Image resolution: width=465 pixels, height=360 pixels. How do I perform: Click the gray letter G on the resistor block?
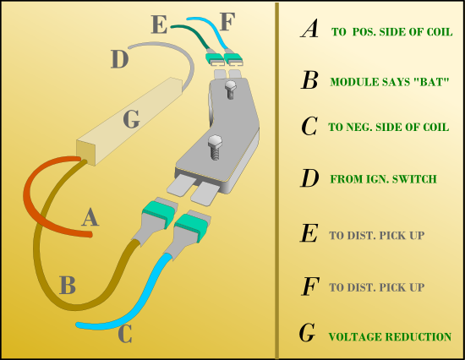point(131,119)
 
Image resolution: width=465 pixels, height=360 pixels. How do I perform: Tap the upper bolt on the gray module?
point(230,90)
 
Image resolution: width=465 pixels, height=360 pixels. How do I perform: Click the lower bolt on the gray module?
point(215,147)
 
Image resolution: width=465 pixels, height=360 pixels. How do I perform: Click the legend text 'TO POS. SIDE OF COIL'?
point(391,32)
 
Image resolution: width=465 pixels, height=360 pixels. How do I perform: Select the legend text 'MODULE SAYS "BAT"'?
point(390,82)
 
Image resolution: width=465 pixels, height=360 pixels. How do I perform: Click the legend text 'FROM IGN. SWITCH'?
point(384,179)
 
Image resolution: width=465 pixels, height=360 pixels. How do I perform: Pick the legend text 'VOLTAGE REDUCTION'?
point(390,337)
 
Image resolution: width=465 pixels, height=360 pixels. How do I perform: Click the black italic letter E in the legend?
point(309,233)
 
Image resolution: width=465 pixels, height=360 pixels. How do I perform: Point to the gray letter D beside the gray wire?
point(120,59)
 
